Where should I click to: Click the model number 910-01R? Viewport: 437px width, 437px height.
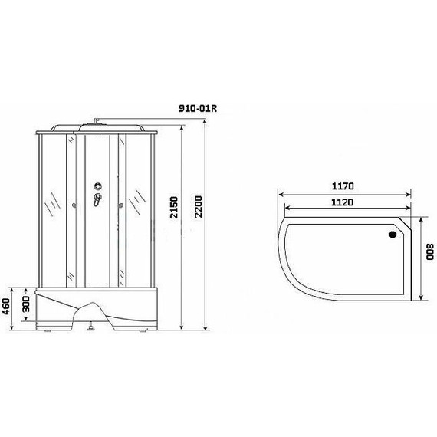click(x=198, y=108)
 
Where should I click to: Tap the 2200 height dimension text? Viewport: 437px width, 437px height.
click(x=198, y=206)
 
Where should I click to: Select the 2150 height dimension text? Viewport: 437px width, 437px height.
click(x=174, y=207)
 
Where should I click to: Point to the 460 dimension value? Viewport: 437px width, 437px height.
click(x=6, y=306)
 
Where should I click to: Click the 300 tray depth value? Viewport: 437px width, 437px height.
click(x=25, y=304)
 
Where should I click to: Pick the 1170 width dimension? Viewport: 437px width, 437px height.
click(x=343, y=186)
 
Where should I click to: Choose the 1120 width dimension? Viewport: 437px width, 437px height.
click(x=342, y=202)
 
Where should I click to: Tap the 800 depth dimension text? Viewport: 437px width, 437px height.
click(x=430, y=251)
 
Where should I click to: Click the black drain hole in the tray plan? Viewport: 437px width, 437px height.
click(x=393, y=235)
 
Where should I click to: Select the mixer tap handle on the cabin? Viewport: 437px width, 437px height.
click(x=97, y=200)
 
